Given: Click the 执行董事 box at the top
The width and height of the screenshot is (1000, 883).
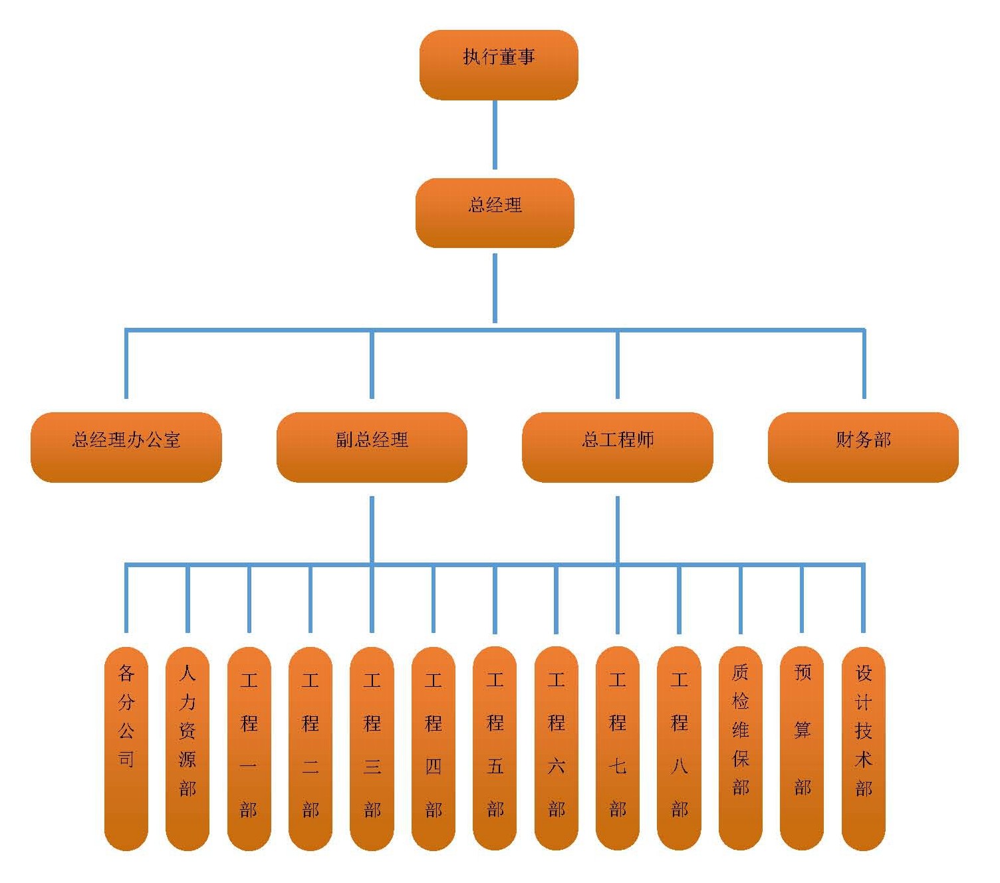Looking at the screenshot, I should click(x=499, y=64).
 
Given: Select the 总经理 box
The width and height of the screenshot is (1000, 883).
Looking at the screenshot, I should click(x=495, y=213).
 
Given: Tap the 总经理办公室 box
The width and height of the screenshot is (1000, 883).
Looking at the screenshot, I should click(x=126, y=447).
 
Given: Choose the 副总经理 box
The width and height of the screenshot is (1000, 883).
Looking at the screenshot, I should click(x=372, y=447).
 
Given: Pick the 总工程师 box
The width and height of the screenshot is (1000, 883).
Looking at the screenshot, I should click(x=618, y=447).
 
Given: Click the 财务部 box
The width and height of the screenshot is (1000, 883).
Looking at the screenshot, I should click(x=863, y=447).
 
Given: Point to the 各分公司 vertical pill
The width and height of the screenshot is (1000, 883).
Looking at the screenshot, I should click(x=126, y=748).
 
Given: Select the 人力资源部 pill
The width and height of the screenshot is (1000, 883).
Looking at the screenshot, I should click(x=187, y=748).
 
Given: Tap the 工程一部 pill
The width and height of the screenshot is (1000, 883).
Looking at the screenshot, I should click(x=249, y=748).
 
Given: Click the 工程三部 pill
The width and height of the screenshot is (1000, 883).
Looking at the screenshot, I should click(x=372, y=748).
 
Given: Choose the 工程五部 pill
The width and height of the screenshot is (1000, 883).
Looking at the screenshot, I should click(x=495, y=748).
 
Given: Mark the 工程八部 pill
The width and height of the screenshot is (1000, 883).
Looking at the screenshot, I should click(x=679, y=748).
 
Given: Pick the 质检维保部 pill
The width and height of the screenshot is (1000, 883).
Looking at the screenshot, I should click(x=741, y=748).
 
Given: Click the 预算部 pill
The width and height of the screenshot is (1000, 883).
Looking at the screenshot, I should click(x=802, y=748).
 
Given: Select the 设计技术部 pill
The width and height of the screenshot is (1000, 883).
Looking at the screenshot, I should click(x=863, y=748).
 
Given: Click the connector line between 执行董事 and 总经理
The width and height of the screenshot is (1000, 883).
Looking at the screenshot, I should click(x=495, y=135).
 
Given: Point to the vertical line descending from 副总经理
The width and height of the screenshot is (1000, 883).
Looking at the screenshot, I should click(x=372, y=529).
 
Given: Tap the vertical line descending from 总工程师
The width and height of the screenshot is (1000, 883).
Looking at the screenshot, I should click(x=618, y=529).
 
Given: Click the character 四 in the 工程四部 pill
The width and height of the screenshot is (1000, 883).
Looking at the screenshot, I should click(x=434, y=766).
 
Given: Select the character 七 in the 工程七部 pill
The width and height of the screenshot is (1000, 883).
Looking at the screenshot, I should click(x=618, y=766).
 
